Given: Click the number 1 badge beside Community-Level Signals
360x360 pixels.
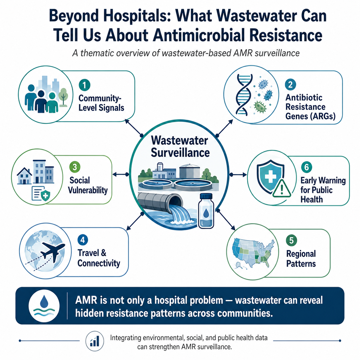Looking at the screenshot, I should (x=84, y=85).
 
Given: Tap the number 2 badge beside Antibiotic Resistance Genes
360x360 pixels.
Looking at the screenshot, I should (x=291, y=85).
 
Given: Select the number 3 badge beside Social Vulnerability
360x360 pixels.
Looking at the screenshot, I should (x=75, y=167).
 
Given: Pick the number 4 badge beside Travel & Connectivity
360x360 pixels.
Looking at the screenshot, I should (x=83, y=240).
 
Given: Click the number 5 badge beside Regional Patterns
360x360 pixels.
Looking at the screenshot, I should (x=291, y=240).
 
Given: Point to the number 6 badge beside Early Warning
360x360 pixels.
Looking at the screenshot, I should (x=307, y=167).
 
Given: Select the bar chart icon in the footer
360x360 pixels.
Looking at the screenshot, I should (x=94, y=341).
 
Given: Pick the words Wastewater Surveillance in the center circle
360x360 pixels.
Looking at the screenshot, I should (x=180, y=146).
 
